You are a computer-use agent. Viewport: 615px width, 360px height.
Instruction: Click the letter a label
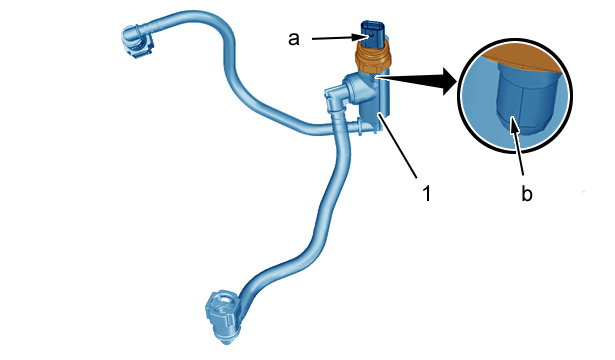(x=294, y=39)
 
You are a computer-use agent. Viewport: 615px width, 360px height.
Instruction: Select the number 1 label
(x=427, y=193)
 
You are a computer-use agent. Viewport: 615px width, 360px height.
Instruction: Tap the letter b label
(x=527, y=193)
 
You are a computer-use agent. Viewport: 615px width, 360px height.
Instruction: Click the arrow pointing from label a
(x=340, y=38)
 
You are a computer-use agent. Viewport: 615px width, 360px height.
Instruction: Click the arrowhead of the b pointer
(x=514, y=123)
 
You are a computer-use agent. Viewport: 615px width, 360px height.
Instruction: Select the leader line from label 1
(x=397, y=145)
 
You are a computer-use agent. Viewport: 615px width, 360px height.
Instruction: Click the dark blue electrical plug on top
(x=372, y=34)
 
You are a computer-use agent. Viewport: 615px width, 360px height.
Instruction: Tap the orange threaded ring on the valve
(x=373, y=57)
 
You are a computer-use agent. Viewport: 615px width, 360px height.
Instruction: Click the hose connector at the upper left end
(x=136, y=41)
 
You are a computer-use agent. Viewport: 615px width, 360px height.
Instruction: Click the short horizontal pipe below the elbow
(x=362, y=127)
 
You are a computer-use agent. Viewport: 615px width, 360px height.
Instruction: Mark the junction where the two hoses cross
(x=336, y=127)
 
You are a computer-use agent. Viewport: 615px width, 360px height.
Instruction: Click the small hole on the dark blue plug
(x=371, y=36)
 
